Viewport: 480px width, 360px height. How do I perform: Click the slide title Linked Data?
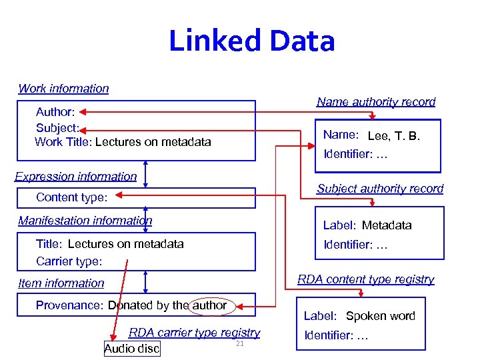click(x=251, y=41)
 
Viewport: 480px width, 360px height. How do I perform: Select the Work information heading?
click(x=63, y=89)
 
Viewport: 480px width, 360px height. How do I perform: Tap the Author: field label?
click(x=55, y=112)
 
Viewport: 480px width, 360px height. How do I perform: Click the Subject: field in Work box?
click(x=58, y=127)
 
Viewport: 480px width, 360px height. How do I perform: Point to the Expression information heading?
click(x=75, y=177)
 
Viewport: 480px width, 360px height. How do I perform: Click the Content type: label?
click(x=71, y=197)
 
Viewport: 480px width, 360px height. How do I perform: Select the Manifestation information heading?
click(x=85, y=221)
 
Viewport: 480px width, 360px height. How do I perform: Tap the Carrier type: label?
click(x=69, y=261)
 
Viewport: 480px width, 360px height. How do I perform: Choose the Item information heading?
click(x=61, y=283)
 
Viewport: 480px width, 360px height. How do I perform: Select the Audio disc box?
click(x=132, y=349)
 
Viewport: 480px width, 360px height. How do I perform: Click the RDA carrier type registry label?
click(x=194, y=333)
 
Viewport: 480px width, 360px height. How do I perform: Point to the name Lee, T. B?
click(x=393, y=136)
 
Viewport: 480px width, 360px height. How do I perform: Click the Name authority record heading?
click(x=376, y=102)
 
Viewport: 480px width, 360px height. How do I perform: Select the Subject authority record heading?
click(x=380, y=189)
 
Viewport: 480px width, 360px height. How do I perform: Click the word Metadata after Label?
click(x=387, y=225)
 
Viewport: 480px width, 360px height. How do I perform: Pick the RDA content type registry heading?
click(x=365, y=279)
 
